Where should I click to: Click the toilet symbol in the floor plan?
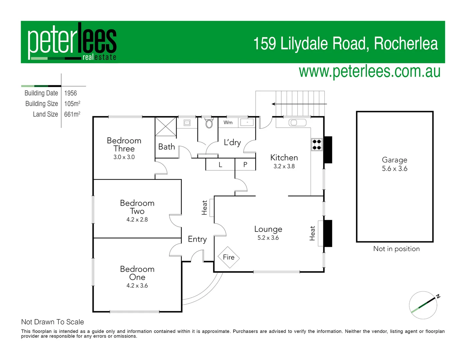click(209, 124)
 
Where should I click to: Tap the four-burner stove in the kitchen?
click(317, 144)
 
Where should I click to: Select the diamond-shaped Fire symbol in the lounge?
click(229, 257)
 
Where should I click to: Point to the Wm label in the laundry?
click(228, 122)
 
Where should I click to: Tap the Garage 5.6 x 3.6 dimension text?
click(395, 169)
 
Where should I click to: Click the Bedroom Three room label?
click(124, 145)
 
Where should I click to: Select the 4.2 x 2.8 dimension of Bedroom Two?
click(137, 220)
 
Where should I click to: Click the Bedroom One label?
click(137, 273)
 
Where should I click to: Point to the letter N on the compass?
click(438, 296)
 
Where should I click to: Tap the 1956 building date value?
click(71, 93)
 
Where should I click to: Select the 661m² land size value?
click(72, 114)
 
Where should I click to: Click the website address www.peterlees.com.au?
click(369, 71)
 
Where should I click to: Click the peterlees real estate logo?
click(72, 42)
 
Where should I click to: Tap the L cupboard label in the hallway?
click(220, 165)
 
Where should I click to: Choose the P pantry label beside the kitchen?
click(245, 165)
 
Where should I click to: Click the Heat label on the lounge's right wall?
click(312, 233)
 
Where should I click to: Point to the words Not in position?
click(396, 249)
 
